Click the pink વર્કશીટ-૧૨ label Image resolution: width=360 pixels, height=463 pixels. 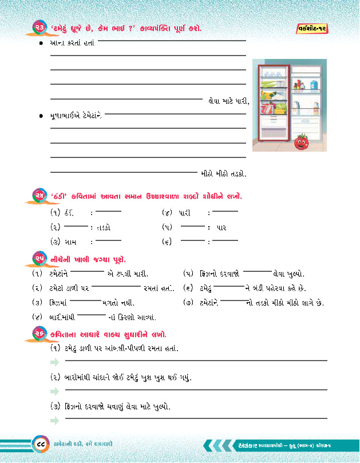click(x=313, y=27)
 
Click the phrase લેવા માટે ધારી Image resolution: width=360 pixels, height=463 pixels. click(x=228, y=102)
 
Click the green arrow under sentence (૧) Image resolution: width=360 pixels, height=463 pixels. click(x=55, y=361)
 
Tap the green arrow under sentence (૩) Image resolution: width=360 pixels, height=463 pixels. click(x=55, y=420)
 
